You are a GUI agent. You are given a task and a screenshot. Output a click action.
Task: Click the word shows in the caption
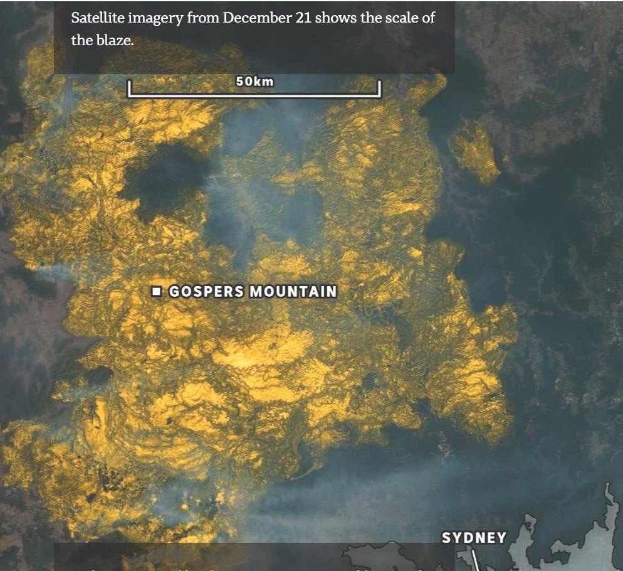click(334, 18)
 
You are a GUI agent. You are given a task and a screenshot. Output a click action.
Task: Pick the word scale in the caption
click(396, 18)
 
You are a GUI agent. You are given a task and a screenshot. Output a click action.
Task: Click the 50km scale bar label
click(254, 81)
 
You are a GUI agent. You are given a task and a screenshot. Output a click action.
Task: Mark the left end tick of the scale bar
click(129, 88)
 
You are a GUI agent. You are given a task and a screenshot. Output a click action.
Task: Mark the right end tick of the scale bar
click(379, 88)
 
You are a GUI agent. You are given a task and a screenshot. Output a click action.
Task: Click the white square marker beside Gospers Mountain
click(157, 291)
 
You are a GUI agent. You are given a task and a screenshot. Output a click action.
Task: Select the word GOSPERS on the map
click(207, 292)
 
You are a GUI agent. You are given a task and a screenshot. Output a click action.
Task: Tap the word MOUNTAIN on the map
click(293, 292)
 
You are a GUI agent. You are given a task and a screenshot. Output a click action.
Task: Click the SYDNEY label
click(473, 538)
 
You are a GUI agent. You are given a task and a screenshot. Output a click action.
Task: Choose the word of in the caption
click(428, 18)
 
